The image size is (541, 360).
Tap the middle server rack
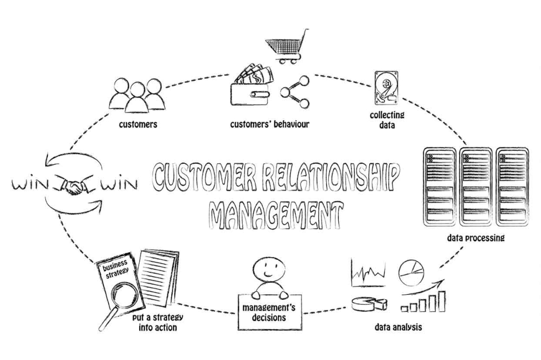point(475,186)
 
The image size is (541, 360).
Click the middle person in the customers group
point(136,97)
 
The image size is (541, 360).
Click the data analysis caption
point(398,329)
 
